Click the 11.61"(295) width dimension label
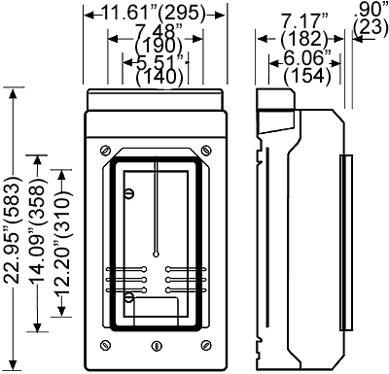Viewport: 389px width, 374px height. coord(155,13)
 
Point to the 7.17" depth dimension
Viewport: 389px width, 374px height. coord(304,22)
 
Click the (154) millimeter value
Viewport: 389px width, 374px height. coord(307,76)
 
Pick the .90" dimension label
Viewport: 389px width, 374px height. coord(371,10)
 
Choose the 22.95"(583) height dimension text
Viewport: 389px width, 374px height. coord(13,233)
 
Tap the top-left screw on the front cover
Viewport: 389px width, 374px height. coord(105,151)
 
